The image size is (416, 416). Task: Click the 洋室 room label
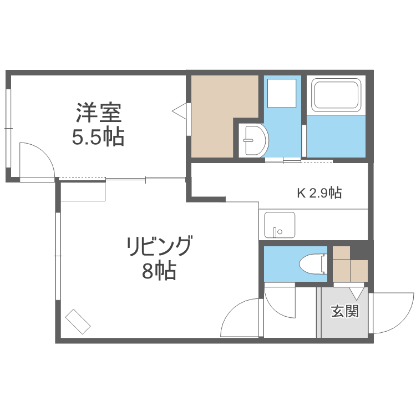tap(99, 113)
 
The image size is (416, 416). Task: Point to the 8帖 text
tap(159, 271)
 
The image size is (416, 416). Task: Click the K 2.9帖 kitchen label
tap(319, 193)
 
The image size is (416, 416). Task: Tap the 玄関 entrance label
tap(345, 311)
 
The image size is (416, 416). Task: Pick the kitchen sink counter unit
tap(280, 225)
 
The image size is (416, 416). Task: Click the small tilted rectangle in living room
tap(78, 322)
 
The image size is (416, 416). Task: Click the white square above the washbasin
tap(282, 93)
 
